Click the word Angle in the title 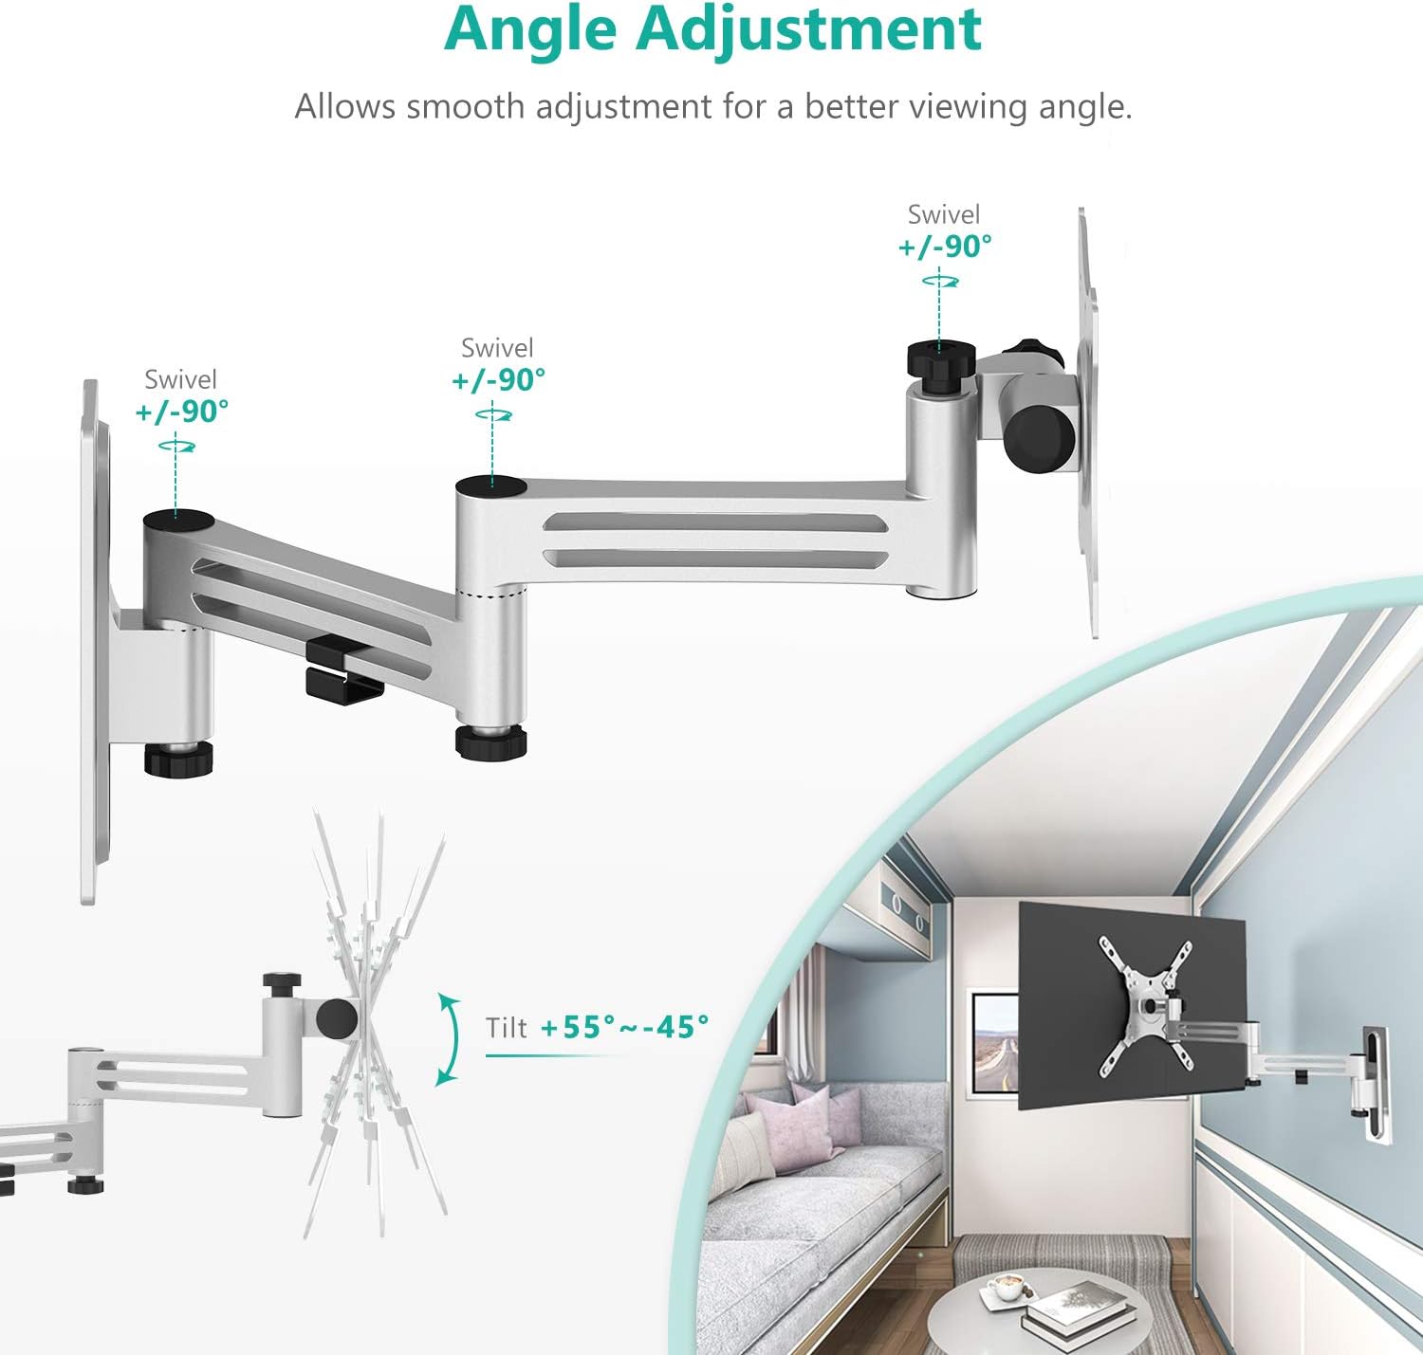click(x=529, y=30)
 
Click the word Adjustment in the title click(x=808, y=30)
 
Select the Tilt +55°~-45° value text click(x=624, y=1027)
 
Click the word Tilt click(x=506, y=1027)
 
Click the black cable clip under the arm click(x=343, y=669)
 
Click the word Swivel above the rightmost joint click(x=944, y=214)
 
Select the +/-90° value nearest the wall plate click(x=182, y=411)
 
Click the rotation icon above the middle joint click(x=493, y=415)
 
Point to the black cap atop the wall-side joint click(x=178, y=521)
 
